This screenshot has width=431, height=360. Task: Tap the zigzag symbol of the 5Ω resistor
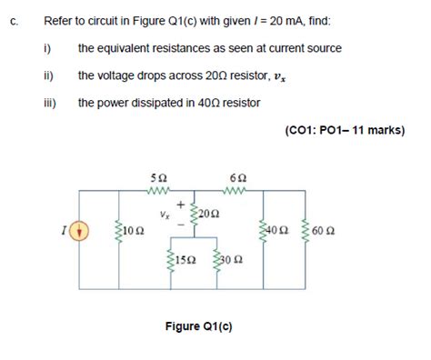pos(160,191)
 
